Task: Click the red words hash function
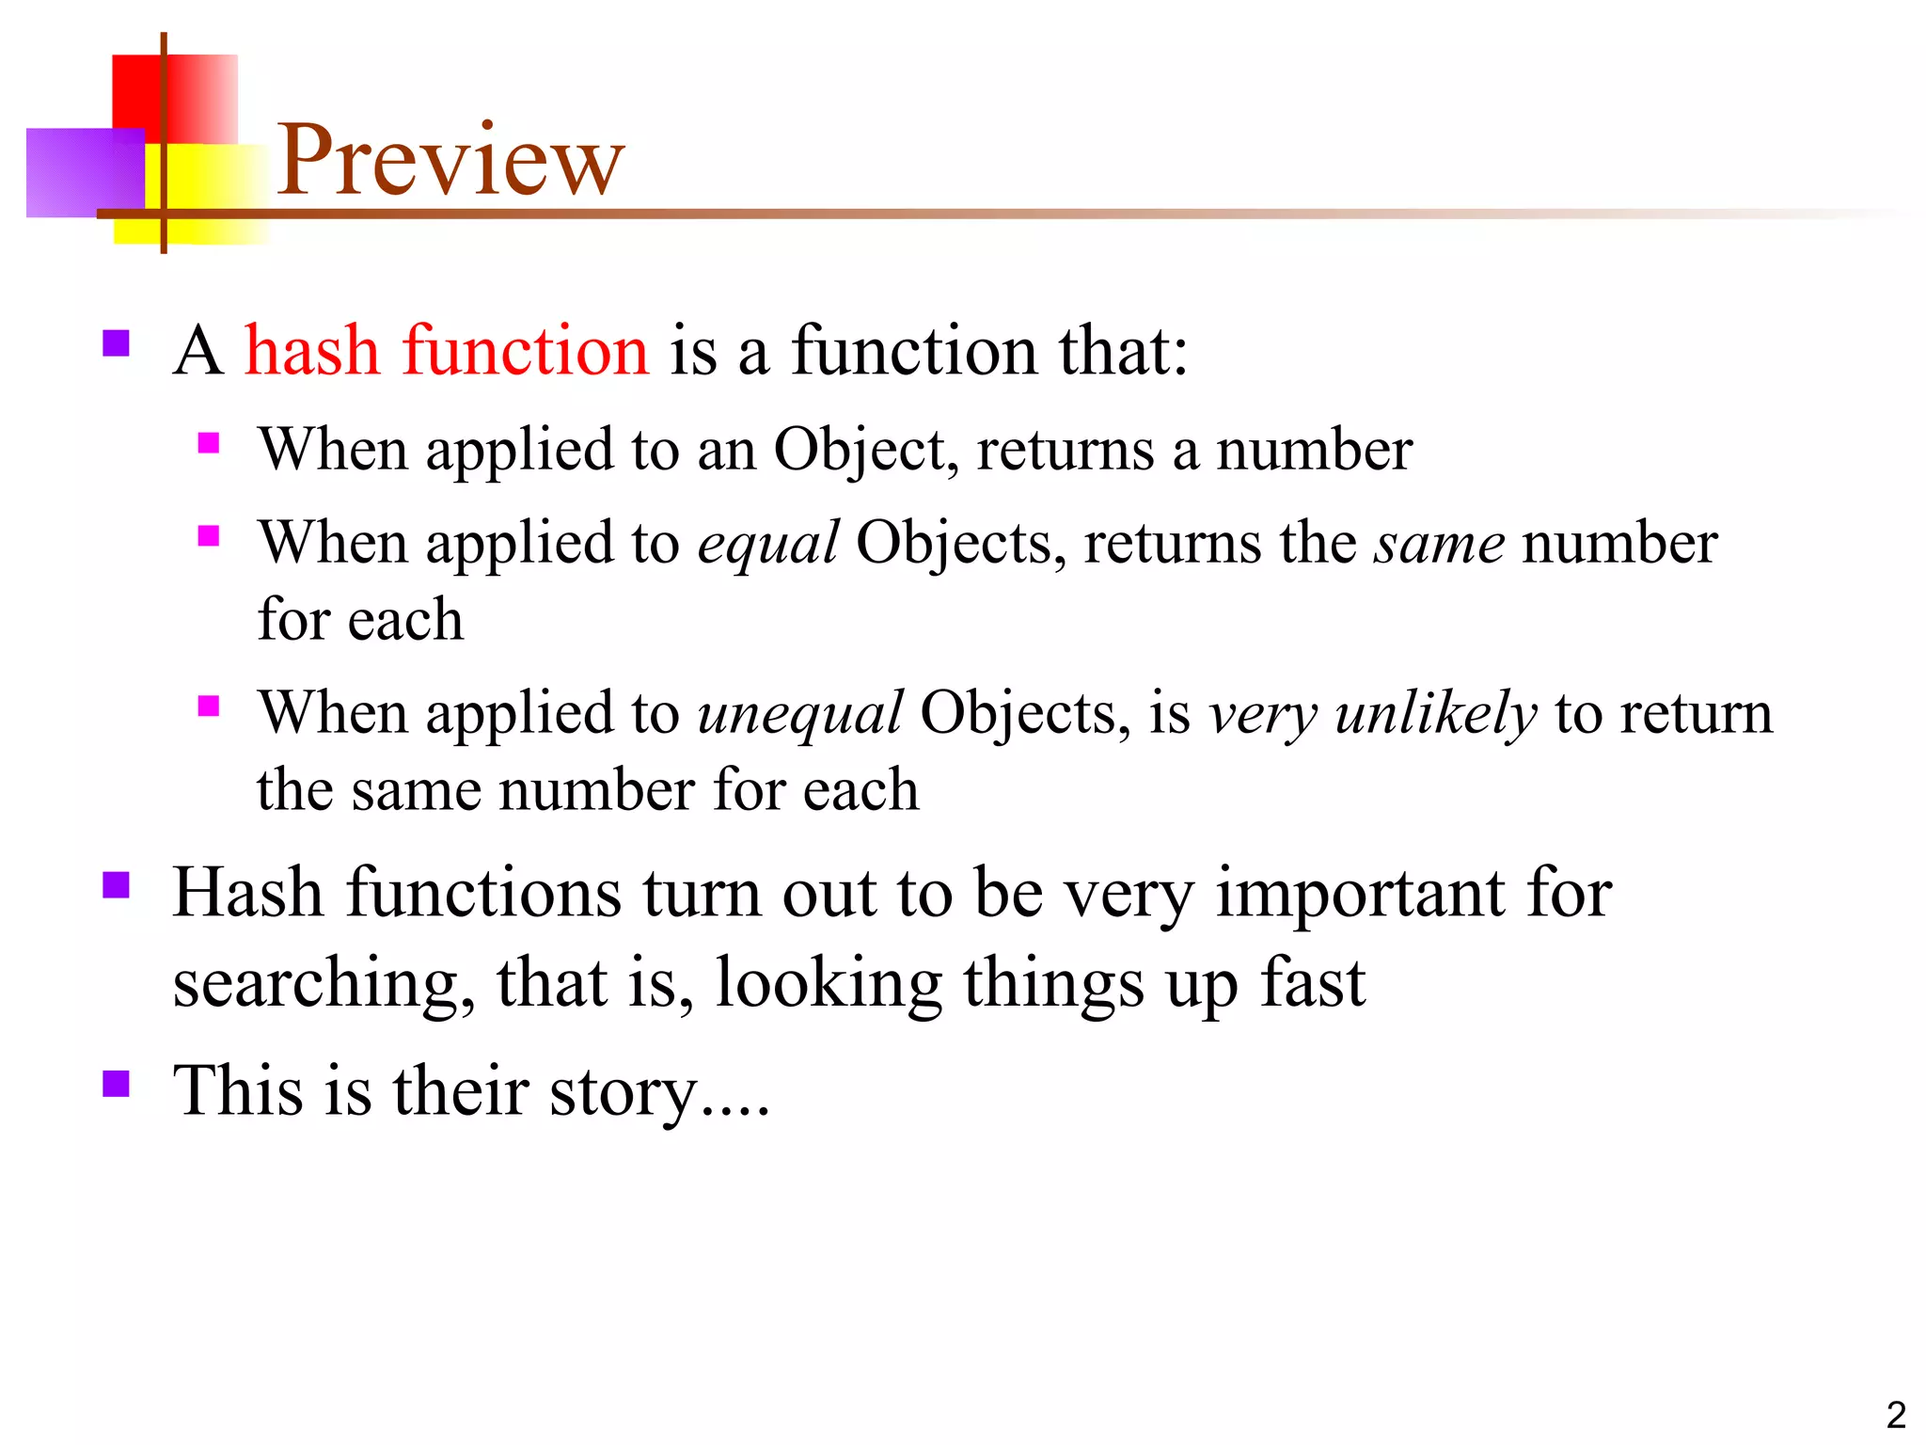tap(446, 350)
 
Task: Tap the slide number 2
tap(1895, 1415)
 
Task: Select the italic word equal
tap(767, 544)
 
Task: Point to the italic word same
tap(1438, 544)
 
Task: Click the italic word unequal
tap(799, 713)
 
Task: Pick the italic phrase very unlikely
tap(1372, 713)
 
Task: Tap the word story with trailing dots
tap(658, 1091)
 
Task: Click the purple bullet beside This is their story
tap(116, 1084)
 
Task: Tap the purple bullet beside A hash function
tap(116, 342)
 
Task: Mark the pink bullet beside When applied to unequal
tap(209, 706)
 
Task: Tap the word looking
tap(828, 984)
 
